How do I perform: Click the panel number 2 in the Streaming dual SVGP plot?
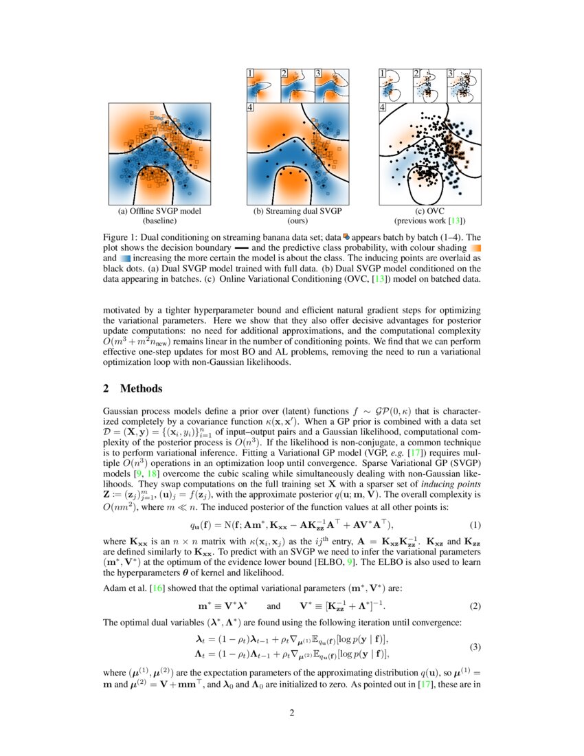coord(284,73)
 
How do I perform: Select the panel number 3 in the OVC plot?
coord(450,73)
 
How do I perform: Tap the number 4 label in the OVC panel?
coord(383,107)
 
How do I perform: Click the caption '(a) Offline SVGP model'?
coord(159,212)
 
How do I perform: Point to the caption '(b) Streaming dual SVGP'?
coord(297,212)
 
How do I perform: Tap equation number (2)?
coord(475,607)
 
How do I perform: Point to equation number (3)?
coord(475,647)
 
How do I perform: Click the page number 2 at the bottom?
coord(291,713)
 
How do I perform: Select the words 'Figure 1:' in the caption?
coord(120,236)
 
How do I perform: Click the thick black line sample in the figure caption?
coord(243,246)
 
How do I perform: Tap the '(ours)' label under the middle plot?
coord(297,221)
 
